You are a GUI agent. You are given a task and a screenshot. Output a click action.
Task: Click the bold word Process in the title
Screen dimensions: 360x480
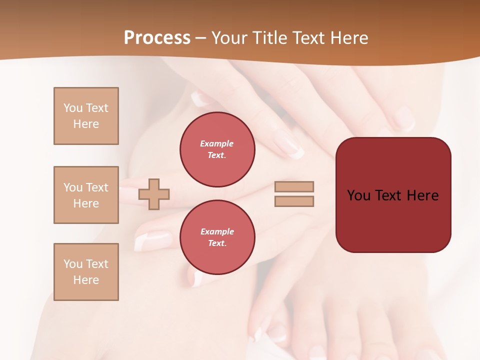pos(157,38)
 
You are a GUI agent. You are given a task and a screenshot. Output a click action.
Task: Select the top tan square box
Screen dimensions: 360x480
pos(86,116)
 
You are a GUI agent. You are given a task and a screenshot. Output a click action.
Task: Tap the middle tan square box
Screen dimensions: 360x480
pos(86,195)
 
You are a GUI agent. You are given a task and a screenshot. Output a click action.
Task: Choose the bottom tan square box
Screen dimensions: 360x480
pos(86,272)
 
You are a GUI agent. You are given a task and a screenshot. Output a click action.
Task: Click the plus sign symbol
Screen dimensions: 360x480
pos(154,193)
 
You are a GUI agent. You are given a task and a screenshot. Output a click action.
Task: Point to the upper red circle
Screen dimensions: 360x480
pos(217,149)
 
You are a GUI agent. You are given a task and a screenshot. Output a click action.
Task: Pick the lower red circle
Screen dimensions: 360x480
pos(217,237)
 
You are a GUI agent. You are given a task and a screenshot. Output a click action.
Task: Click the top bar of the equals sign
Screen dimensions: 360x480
pos(294,186)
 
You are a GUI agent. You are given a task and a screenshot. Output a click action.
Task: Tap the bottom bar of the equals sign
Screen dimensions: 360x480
pos(294,201)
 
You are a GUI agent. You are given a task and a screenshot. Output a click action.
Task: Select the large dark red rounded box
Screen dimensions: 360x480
pos(393,195)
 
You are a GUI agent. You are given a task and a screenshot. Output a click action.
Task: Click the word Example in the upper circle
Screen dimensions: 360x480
pos(217,143)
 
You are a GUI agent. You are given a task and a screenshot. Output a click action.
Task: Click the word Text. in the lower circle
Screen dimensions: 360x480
pos(217,243)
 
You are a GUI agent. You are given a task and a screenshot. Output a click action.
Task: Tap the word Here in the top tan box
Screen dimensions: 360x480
pos(86,124)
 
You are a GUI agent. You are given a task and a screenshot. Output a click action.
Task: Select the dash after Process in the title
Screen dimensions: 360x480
pos(201,38)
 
